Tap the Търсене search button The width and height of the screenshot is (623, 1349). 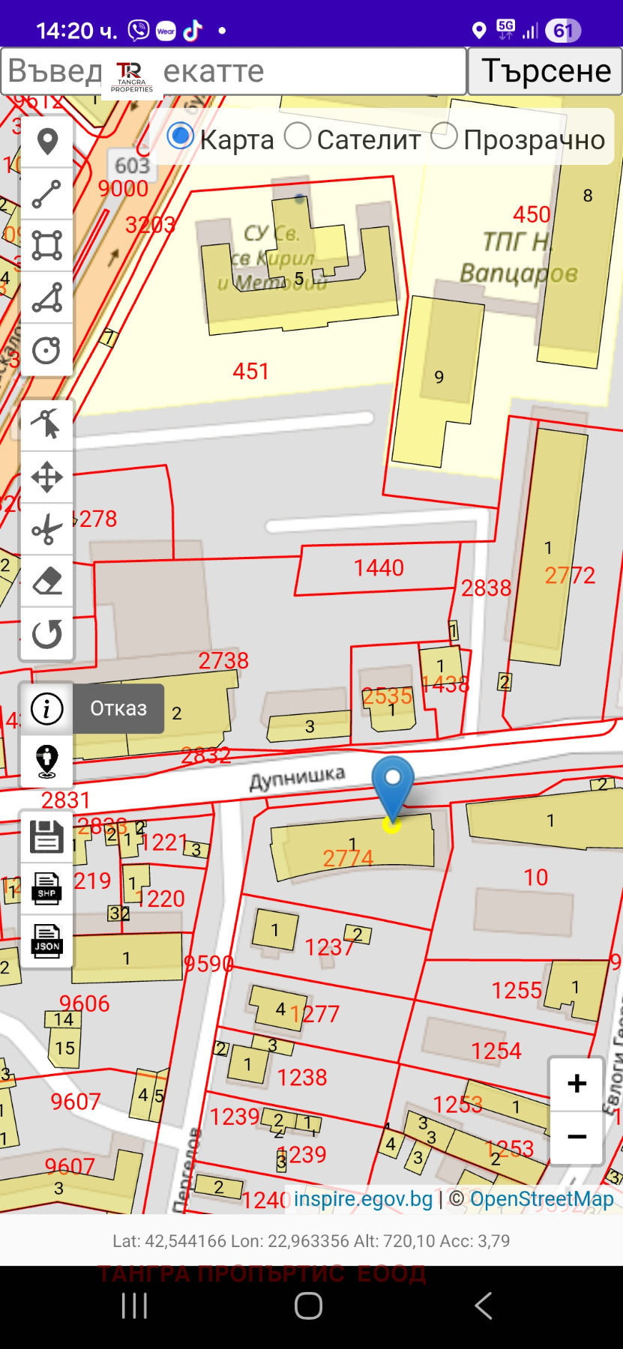545,71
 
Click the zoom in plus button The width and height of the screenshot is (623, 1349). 577,1084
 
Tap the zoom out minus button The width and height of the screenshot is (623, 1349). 577,1137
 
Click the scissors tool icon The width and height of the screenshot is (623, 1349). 46,529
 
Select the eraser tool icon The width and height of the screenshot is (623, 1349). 46,582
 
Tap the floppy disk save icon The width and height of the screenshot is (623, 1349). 46,836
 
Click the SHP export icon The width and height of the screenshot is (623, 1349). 46,889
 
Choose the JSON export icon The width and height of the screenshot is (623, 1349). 46,941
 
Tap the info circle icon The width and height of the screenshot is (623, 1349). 46,708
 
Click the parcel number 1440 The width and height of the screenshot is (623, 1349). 379,568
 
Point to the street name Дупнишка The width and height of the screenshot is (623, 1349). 297,778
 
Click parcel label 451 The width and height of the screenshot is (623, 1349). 250,371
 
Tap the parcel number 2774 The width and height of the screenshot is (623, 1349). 348,858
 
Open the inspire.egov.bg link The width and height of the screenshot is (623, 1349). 363,1199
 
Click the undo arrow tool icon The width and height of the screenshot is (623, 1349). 46,634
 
